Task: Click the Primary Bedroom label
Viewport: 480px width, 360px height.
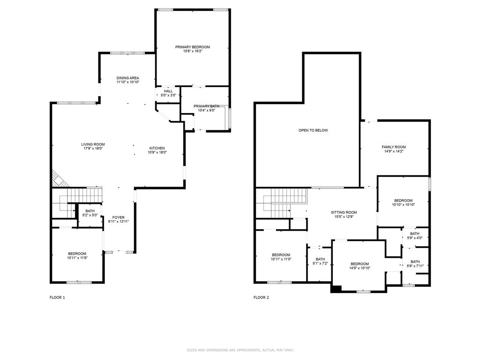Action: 193,47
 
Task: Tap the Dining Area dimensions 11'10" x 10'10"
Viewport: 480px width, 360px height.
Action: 128,82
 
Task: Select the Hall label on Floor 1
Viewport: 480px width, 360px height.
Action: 168,91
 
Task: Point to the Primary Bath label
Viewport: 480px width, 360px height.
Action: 206,106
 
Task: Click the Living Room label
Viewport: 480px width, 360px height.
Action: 93,144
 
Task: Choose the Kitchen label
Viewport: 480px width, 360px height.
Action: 157,148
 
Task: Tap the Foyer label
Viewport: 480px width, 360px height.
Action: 119,217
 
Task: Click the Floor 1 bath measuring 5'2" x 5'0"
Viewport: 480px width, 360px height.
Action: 90,213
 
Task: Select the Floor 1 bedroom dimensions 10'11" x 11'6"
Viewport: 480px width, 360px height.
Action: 77,258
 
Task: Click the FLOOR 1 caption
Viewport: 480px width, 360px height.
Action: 57,297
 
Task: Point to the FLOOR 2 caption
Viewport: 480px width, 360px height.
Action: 261,297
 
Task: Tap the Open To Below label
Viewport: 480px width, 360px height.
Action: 313,130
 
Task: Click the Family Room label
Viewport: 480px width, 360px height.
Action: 394,147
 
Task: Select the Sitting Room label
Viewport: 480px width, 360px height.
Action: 344,212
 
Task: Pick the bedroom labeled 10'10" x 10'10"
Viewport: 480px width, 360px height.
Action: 404,202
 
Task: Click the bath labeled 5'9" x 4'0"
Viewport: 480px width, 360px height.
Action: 415,236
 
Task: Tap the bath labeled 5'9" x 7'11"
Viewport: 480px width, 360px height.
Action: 415,263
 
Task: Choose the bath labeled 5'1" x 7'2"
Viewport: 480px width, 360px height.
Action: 321,261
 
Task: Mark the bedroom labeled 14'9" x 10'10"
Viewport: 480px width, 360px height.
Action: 360,266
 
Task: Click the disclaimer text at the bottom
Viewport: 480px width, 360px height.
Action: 240,350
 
